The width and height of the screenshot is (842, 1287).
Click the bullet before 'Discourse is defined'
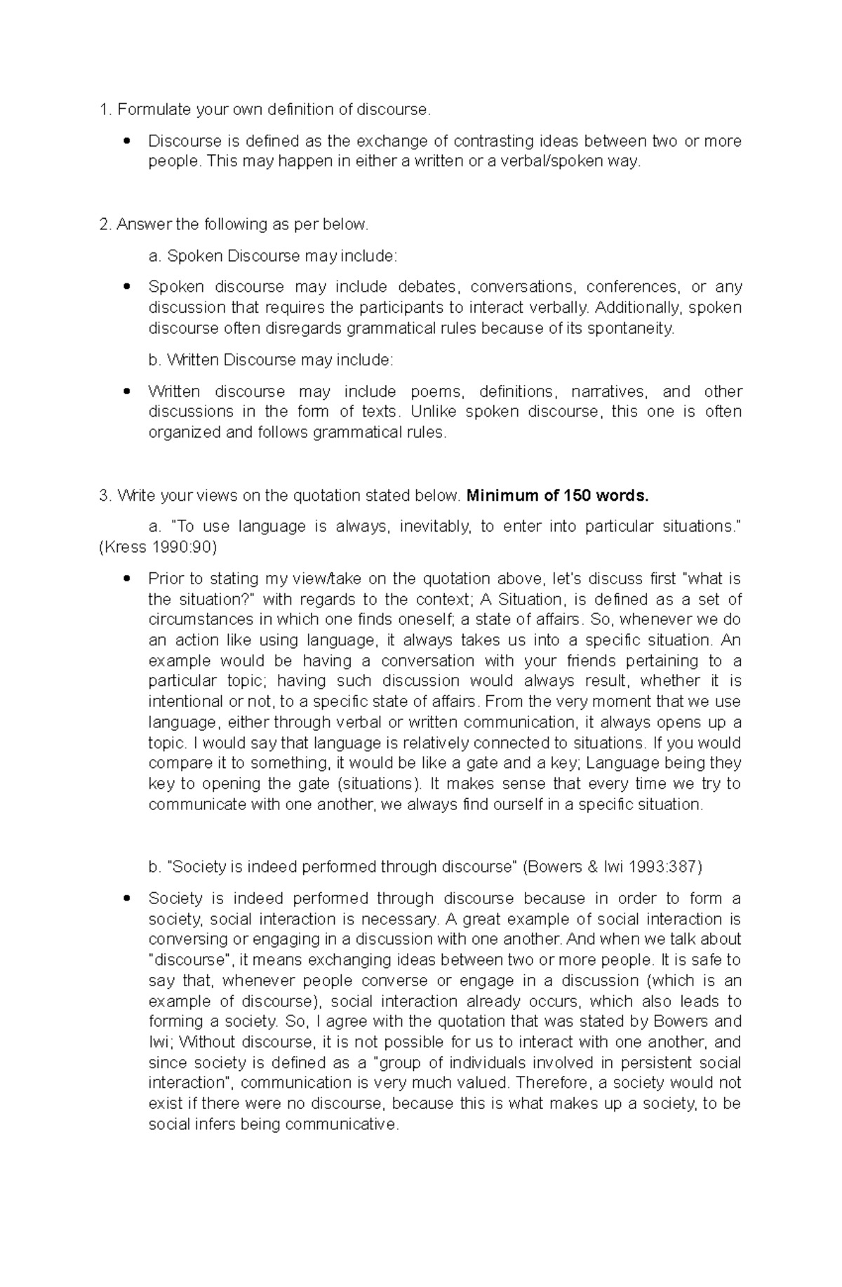[126, 141]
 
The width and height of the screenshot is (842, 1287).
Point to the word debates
[427, 287]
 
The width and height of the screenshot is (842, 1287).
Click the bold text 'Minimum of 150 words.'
[558, 496]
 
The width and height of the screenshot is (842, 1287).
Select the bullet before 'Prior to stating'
[126, 579]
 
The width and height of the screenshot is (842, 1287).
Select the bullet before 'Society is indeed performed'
[126, 898]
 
